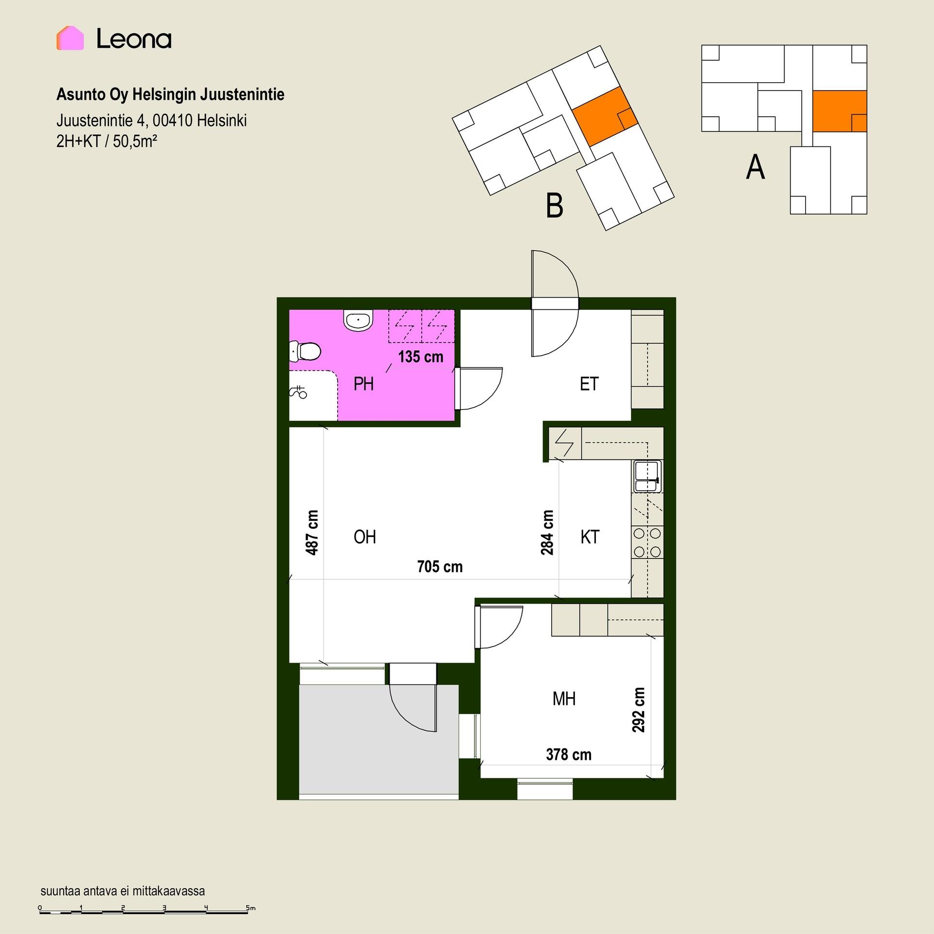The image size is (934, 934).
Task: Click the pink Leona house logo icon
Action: point(70,38)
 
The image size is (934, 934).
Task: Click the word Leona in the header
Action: point(134,38)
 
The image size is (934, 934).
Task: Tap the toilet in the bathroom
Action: point(305,351)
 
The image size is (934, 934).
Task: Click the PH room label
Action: point(363,384)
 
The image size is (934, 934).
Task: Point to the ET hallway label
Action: point(589,384)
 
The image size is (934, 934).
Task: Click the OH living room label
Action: point(365,537)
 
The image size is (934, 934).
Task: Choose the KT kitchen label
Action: point(590,537)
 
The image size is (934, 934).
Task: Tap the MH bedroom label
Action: point(564,699)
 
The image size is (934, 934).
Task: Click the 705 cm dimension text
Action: point(440,567)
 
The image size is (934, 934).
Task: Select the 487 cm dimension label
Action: point(312,533)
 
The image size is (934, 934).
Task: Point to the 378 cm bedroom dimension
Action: point(569,754)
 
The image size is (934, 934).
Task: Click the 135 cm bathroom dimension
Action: point(421,357)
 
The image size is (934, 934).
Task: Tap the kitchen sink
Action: point(647,476)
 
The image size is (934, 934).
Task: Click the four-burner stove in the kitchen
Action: point(647,542)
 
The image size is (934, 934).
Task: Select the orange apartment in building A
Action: point(840,111)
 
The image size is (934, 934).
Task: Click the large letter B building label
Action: point(555,205)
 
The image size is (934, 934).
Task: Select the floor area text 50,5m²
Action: point(135,142)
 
